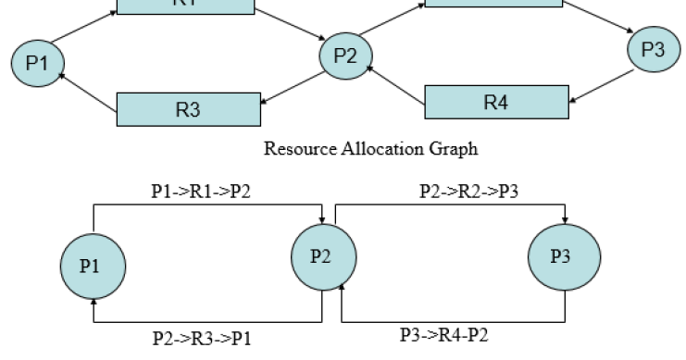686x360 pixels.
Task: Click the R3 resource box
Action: point(188,108)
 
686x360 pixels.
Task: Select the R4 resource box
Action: point(495,102)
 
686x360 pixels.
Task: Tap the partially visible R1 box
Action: point(185,6)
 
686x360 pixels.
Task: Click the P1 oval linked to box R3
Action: point(35,64)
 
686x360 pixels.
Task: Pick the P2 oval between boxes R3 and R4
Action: point(344,56)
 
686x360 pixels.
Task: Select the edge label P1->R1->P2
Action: point(201,190)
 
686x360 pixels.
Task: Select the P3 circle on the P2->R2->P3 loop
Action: point(561,257)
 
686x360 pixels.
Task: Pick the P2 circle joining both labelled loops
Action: point(320,256)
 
